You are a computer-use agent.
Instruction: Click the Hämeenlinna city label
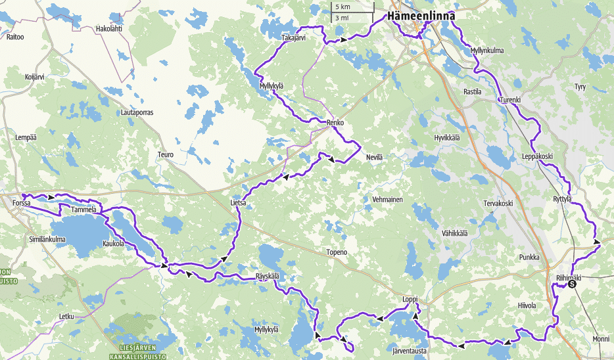[421, 16]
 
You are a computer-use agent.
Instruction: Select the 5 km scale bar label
[342, 7]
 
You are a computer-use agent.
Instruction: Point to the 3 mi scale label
[341, 18]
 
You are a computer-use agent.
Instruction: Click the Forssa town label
[22, 204]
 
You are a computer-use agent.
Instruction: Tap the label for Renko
[335, 123]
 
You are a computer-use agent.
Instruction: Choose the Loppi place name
[410, 300]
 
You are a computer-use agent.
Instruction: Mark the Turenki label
[510, 101]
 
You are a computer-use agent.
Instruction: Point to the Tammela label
[83, 210]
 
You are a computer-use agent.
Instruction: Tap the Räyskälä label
[268, 277]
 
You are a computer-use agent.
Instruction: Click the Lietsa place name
[238, 204]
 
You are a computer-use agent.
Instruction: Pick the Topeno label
[336, 252]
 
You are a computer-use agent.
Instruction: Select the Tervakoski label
[498, 204]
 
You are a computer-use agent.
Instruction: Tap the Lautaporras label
[137, 113]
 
